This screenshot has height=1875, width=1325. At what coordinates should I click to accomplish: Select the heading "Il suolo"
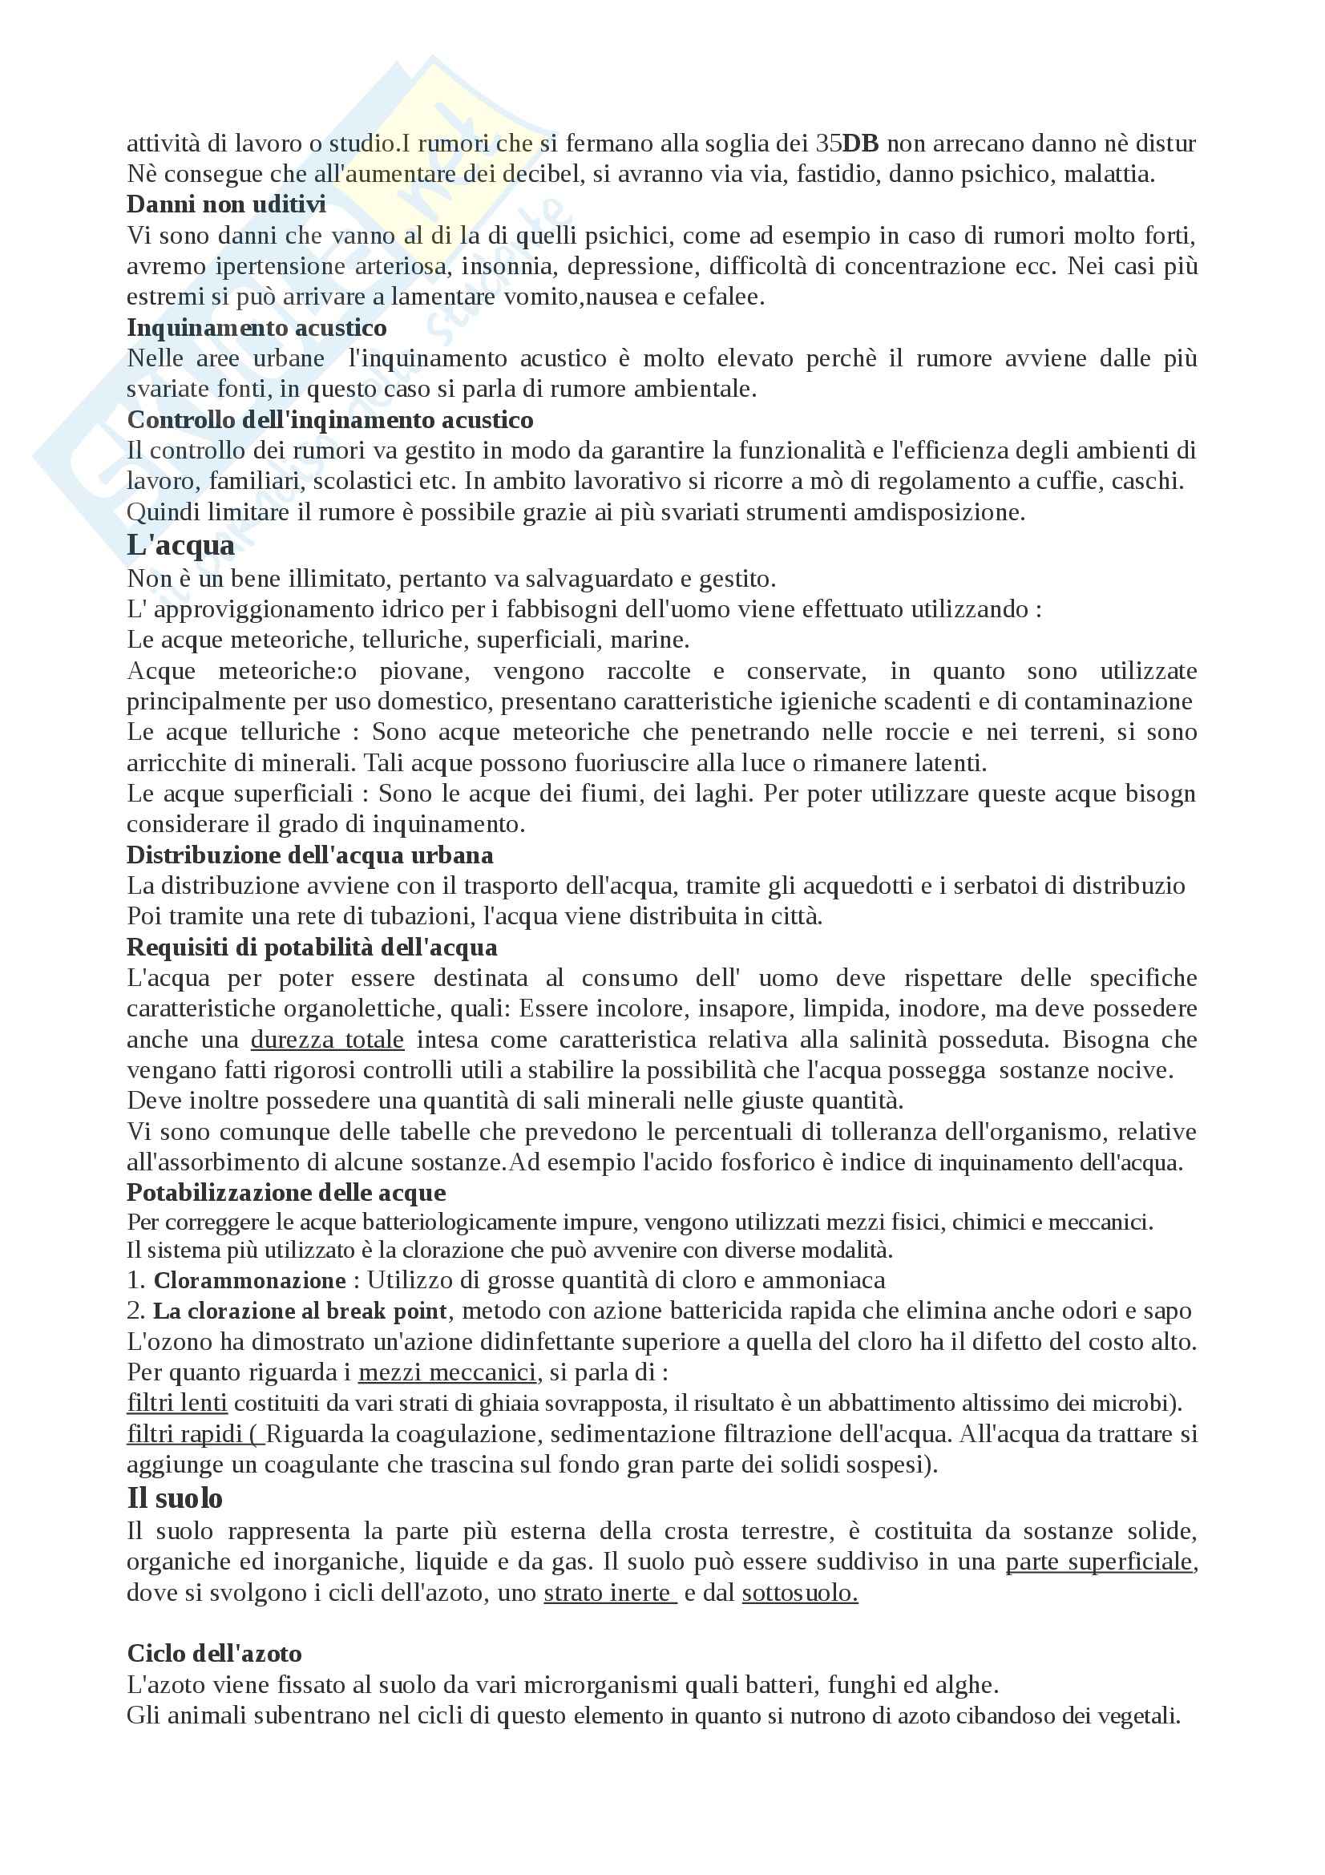click(x=175, y=1498)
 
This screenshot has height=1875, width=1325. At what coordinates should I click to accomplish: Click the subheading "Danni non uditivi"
click(x=226, y=204)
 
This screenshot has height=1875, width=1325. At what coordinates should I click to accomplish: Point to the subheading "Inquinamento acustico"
click(x=257, y=328)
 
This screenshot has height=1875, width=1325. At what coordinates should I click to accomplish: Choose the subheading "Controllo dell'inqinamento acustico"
click(x=329, y=420)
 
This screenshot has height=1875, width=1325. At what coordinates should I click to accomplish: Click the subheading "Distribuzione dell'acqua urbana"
click(x=309, y=855)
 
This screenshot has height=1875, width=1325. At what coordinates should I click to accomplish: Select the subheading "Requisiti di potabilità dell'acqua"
click(x=312, y=948)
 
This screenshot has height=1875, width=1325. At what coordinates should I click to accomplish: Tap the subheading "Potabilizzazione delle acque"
click(x=285, y=1193)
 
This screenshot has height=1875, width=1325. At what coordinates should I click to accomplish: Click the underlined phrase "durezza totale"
click(x=326, y=1040)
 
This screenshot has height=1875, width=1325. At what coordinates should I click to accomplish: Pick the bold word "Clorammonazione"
click(x=250, y=1280)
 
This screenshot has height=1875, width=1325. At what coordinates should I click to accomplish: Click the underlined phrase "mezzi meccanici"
click(x=447, y=1372)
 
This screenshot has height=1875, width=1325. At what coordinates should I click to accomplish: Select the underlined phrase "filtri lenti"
click(x=177, y=1403)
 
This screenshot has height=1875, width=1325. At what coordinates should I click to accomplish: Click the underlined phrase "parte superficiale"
click(x=1099, y=1562)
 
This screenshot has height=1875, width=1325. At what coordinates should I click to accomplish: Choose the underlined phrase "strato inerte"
click(x=609, y=1593)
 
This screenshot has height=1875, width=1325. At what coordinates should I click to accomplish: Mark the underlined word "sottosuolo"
click(x=798, y=1593)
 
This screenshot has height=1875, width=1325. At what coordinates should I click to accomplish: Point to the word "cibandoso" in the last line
click(x=1008, y=1715)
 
